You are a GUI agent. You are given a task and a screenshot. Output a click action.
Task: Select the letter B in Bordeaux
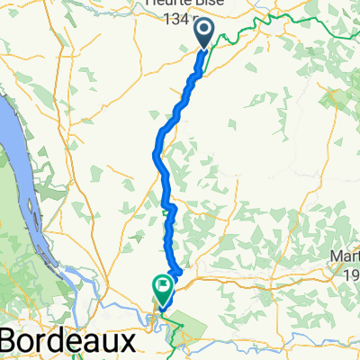tap(12, 342)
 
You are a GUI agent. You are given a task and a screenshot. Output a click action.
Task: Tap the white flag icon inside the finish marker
tap(165, 288)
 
